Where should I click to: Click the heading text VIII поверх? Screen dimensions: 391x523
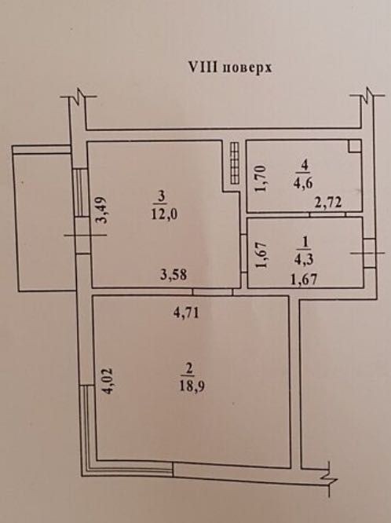point(230,68)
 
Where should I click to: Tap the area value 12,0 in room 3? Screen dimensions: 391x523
point(164,214)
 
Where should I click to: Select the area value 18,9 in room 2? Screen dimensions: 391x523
point(192,386)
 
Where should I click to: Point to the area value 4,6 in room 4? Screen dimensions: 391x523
point(303,183)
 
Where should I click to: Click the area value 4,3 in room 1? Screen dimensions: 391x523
point(304,258)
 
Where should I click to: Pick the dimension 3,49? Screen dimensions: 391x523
point(100,210)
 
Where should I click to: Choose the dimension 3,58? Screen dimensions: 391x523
point(174,275)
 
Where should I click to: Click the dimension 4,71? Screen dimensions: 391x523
point(187,313)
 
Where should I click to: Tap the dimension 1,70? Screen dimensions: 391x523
point(261,179)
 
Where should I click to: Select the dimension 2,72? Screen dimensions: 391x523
point(328,203)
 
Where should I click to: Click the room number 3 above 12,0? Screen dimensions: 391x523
point(161,197)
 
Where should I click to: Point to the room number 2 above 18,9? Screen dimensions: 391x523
point(189,369)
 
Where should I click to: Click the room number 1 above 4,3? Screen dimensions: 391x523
point(305,242)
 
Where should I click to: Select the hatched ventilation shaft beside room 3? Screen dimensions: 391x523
point(235,163)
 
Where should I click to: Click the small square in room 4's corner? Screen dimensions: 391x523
point(354,146)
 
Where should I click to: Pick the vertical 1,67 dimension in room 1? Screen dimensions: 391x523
point(261,254)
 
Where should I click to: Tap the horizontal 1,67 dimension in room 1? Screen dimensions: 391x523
point(304,279)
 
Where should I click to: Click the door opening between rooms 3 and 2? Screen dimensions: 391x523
point(213,292)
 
